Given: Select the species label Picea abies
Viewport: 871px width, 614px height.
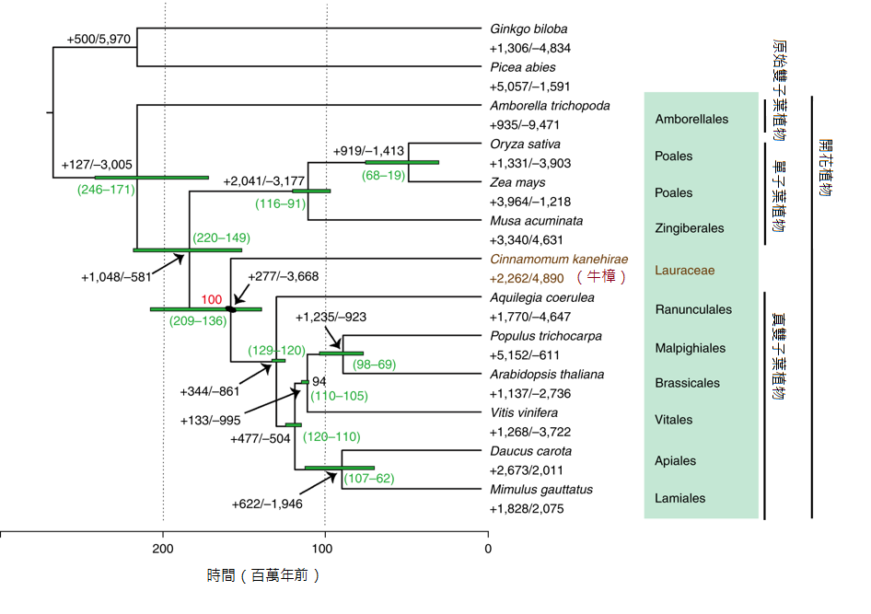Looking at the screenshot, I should pyautogui.click(x=522, y=67).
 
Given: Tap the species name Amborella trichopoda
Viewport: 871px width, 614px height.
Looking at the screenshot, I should pyautogui.click(x=550, y=106).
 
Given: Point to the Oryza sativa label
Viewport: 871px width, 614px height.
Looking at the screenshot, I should pyautogui.click(x=525, y=145).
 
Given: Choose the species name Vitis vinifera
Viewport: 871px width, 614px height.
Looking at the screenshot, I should pyautogui.click(x=523, y=413).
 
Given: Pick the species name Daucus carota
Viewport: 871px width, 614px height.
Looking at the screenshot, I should pyautogui.click(x=530, y=452).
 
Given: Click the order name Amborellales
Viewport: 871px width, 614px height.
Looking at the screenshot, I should pyautogui.click(x=691, y=120).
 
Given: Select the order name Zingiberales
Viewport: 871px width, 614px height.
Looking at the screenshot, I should pyautogui.click(x=690, y=228).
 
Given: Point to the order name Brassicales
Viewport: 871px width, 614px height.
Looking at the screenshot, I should pyautogui.click(x=687, y=383).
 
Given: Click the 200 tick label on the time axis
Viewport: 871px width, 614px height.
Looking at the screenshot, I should pyautogui.click(x=163, y=550).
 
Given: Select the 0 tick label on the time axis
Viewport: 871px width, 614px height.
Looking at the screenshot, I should pyautogui.click(x=487, y=550).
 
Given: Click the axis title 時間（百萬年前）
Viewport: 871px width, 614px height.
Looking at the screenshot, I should pyautogui.click(x=264, y=576).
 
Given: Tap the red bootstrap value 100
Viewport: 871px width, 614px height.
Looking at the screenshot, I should pyautogui.click(x=212, y=299).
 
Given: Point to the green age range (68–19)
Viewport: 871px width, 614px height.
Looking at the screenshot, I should pyautogui.click(x=384, y=175).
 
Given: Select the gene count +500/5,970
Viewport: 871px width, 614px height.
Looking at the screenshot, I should pyautogui.click(x=99, y=39).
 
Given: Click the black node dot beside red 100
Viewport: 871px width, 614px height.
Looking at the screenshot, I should pyautogui.click(x=230, y=309).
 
